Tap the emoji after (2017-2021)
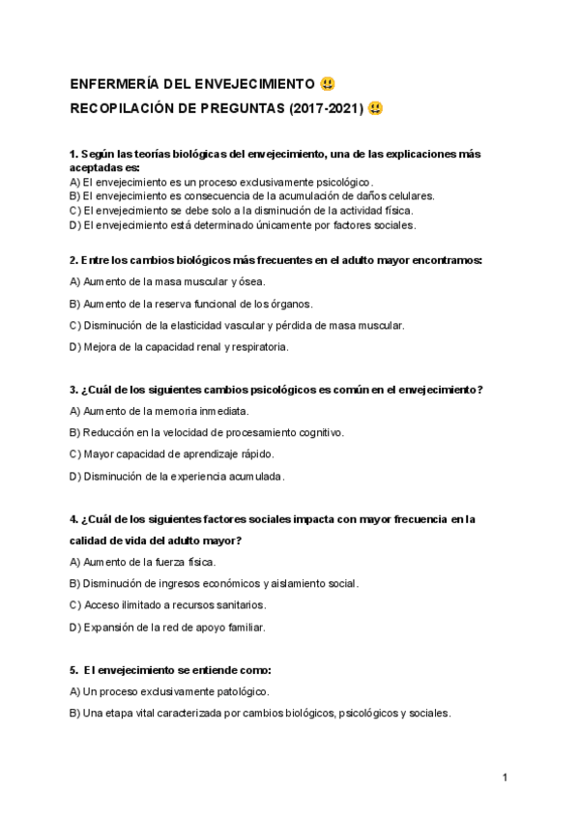coord(375,108)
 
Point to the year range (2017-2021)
coord(326,108)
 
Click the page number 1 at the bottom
coord(505,777)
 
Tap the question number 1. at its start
coord(74,154)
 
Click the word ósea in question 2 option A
coord(249,281)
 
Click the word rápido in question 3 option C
coord(253,454)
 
